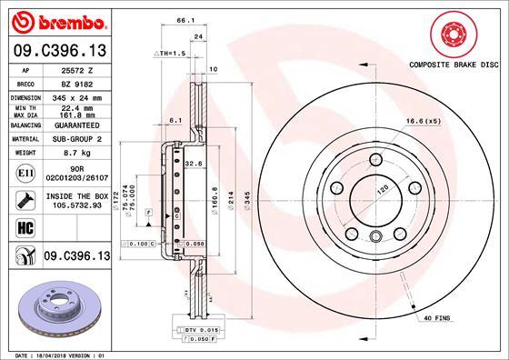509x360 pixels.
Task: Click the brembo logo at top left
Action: (x=55, y=20)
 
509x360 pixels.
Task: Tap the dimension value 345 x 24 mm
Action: (x=75, y=95)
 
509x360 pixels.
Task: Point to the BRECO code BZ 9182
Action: (x=75, y=82)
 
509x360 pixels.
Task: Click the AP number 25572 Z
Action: (x=75, y=69)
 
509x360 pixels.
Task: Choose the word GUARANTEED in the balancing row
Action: (x=75, y=125)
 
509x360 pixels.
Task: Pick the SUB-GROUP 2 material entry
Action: (x=75, y=139)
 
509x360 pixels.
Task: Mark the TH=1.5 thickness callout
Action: (x=174, y=55)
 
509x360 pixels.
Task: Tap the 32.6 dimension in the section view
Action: (x=193, y=165)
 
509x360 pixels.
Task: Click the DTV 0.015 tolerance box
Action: (x=184, y=329)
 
